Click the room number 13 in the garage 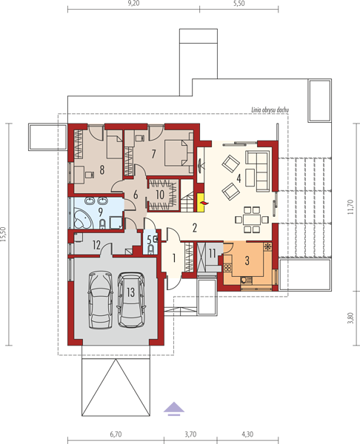(x=130, y=292)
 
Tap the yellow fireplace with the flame (x=201, y=203)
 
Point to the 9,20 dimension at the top (x=133, y=4)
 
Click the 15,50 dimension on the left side (x=3, y=234)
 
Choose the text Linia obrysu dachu (x=270, y=110)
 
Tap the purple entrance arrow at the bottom (x=174, y=409)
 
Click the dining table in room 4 (x=252, y=220)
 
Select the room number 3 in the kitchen (x=247, y=260)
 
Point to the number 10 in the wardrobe (x=160, y=195)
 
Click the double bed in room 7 (x=179, y=156)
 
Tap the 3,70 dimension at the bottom (x=190, y=434)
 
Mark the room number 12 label (x=96, y=245)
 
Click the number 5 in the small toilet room (x=149, y=240)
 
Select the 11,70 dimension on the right (x=350, y=207)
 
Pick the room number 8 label (x=101, y=169)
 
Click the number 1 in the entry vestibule (x=174, y=258)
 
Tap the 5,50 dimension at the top (x=239, y=4)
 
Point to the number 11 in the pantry (x=213, y=253)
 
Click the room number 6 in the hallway (x=136, y=195)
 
